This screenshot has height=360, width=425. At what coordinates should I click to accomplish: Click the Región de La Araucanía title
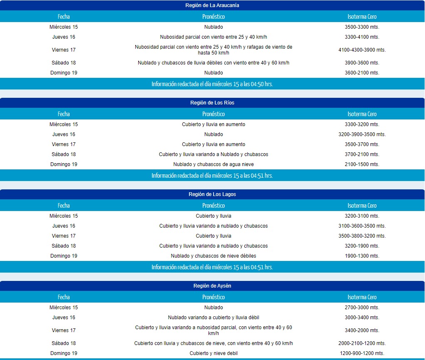click(x=212, y=5)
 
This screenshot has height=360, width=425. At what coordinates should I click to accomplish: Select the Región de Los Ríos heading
click(x=212, y=103)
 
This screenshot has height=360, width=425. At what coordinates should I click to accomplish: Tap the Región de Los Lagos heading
click(x=212, y=194)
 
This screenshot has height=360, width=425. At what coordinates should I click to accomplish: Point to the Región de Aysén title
click(x=212, y=286)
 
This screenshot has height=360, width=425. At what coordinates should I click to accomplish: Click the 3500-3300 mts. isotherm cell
click(x=362, y=27)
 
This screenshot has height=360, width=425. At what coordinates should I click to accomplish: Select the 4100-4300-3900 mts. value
click(x=362, y=50)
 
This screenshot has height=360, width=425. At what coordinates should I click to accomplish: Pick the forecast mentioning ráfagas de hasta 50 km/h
click(x=214, y=50)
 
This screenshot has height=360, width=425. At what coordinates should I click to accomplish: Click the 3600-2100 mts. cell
click(x=362, y=73)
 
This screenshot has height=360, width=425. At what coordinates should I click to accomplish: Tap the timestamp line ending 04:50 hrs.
click(x=212, y=84)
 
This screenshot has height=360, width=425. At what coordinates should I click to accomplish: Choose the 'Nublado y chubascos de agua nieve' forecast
click(x=214, y=164)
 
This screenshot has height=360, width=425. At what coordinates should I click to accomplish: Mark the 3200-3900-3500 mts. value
click(x=362, y=134)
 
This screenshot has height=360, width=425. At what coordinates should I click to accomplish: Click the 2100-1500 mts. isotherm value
click(x=362, y=164)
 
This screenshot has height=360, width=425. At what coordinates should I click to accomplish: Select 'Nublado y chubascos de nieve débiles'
click(x=214, y=256)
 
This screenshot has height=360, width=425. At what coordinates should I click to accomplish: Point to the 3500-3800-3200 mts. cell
click(x=362, y=236)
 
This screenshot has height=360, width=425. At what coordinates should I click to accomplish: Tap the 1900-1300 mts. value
click(x=362, y=256)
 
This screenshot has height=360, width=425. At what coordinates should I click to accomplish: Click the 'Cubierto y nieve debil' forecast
click(x=214, y=353)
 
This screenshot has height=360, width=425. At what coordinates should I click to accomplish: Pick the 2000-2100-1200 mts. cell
click(x=362, y=343)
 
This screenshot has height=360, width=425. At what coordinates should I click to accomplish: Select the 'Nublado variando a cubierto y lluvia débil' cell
click(x=214, y=318)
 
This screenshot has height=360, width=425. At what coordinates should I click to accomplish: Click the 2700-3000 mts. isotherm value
click(x=362, y=308)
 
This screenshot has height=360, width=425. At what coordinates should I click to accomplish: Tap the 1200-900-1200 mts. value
click(x=362, y=353)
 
